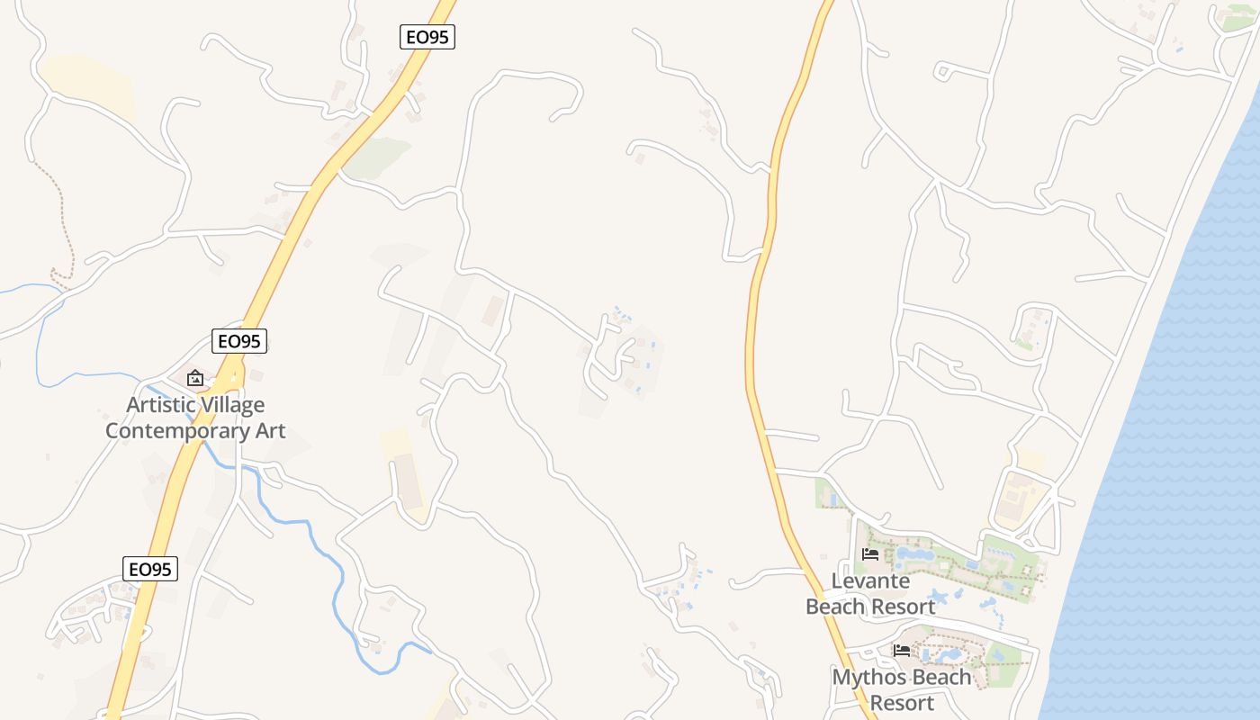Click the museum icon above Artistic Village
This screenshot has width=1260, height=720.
coord(195,378)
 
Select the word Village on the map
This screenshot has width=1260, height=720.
coord(230,405)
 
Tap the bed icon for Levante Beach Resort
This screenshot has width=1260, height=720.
coord(870,554)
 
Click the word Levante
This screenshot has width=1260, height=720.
coord(870,581)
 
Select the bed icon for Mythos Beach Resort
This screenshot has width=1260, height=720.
coord(902,650)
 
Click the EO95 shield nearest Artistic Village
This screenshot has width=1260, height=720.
coord(240,341)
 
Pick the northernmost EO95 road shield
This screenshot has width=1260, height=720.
coord(427,37)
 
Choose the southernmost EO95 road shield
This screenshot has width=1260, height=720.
coord(150,569)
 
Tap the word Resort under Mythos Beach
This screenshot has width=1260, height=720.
coord(903,702)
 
